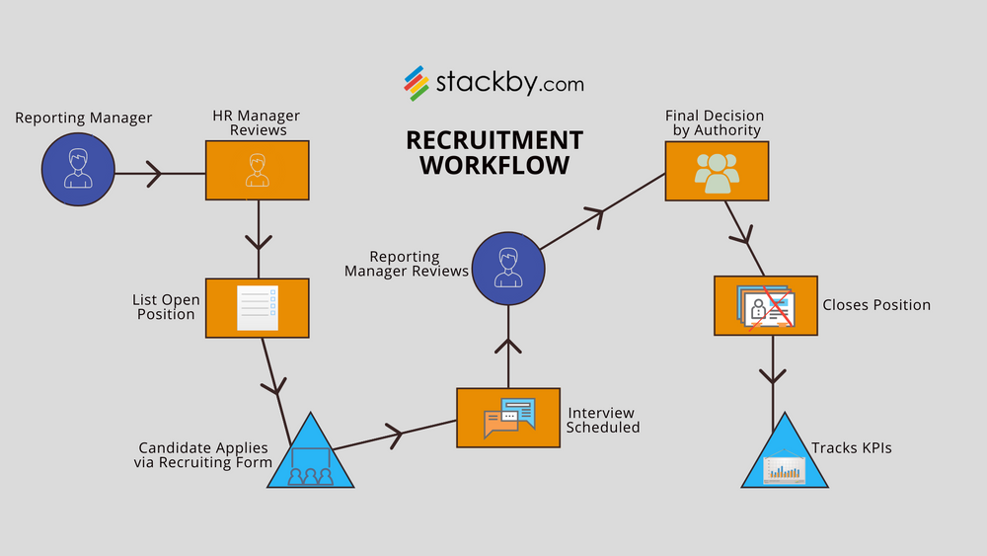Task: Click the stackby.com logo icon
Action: (x=416, y=83)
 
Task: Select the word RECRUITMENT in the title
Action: (x=494, y=140)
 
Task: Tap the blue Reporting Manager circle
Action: (x=78, y=170)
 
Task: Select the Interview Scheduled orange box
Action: (x=508, y=417)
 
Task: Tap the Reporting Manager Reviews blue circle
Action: (x=508, y=266)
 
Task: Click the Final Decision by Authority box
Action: (x=716, y=171)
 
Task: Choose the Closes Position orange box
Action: (x=766, y=304)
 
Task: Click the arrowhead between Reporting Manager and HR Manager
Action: (x=153, y=175)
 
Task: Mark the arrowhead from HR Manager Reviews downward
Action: (x=258, y=240)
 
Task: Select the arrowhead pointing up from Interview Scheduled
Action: (x=508, y=346)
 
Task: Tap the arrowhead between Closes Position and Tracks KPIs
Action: (x=772, y=376)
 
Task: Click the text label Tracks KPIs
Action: (x=851, y=448)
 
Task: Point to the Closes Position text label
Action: (x=876, y=305)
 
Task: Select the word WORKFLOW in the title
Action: (x=494, y=165)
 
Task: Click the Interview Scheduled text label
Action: (x=603, y=420)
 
